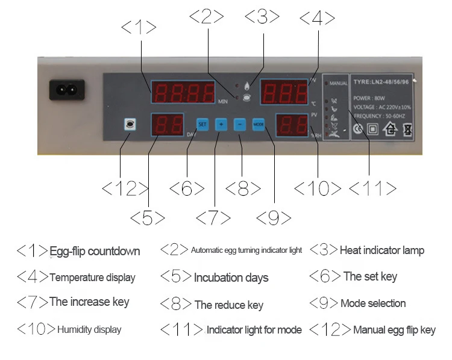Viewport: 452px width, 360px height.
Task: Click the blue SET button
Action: [202, 125]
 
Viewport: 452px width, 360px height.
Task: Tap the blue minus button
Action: [240, 125]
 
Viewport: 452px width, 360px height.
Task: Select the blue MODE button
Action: [259, 125]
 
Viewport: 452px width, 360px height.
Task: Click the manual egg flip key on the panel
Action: [128, 124]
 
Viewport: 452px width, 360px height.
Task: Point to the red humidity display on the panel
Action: [292, 126]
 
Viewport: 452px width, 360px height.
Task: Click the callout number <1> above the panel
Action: [139, 28]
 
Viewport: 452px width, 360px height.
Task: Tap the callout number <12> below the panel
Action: [125, 189]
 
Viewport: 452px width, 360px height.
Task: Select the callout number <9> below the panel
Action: [274, 218]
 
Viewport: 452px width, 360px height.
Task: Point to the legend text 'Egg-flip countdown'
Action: [95, 251]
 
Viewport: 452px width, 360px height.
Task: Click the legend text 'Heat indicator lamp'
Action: [381, 250]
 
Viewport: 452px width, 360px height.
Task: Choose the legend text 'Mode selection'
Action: [373, 303]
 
